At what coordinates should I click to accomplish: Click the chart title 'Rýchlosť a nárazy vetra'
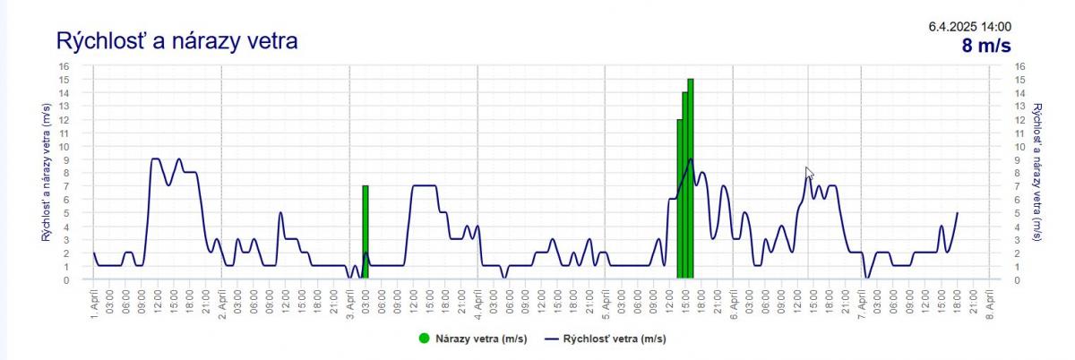[x=176, y=41]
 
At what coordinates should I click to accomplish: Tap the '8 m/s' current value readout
[x=986, y=47]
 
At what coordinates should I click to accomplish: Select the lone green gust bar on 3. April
[x=365, y=232]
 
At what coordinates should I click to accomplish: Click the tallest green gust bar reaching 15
[x=691, y=179]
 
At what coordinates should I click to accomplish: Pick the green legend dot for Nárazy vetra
[x=424, y=339]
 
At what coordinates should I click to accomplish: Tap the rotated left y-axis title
[x=46, y=173]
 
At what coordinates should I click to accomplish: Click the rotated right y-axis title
[x=1037, y=173]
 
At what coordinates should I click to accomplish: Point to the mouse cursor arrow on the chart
[x=810, y=174]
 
